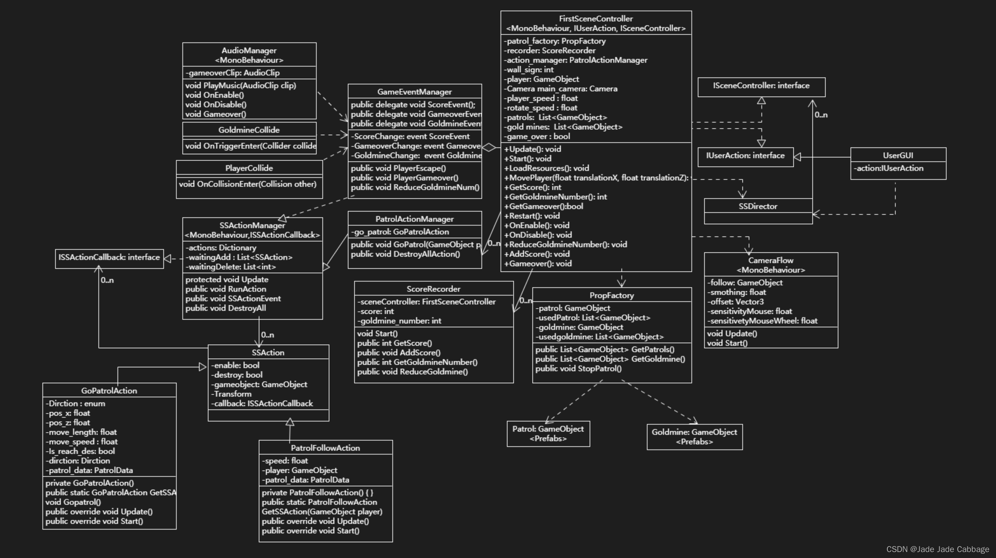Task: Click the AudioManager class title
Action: pos(249,50)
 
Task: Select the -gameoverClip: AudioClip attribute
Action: pos(232,73)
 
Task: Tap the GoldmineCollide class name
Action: pos(249,130)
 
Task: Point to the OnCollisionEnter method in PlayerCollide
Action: pos(247,184)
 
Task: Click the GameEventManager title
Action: pos(414,92)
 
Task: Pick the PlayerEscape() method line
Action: pos(398,168)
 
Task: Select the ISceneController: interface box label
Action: pos(761,86)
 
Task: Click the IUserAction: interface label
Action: pos(745,156)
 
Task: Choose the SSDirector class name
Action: pos(758,206)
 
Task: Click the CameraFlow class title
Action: pos(770,260)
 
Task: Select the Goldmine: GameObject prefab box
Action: pos(694,437)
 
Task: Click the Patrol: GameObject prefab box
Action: pos(548,433)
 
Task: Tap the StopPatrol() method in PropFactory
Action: pos(578,368)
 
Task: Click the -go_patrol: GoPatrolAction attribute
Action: pos(400,232)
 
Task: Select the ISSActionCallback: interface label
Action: pos(109,257)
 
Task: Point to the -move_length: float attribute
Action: pos(81,432)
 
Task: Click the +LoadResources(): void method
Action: pos(546,168)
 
